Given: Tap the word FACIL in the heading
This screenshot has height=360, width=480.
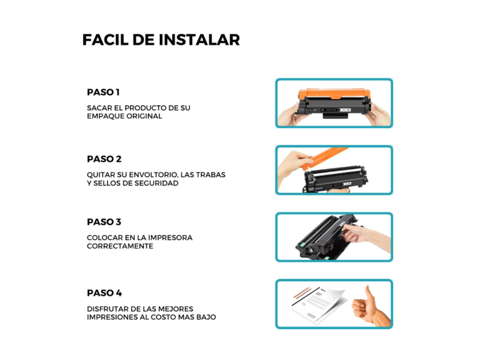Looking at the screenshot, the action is pos(105,40).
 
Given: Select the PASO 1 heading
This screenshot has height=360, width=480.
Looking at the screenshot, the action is pos(103,92).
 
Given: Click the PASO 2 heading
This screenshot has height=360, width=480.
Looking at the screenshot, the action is pos(104,159).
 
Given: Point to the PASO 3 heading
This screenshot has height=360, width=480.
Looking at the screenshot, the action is pos(104,222).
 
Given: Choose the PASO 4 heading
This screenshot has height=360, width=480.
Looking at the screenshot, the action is pos(104,293).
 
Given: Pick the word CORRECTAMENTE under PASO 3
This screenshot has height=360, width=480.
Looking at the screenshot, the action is pos(120,246).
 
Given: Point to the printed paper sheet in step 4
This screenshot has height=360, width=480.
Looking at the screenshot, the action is pos(319,306).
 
